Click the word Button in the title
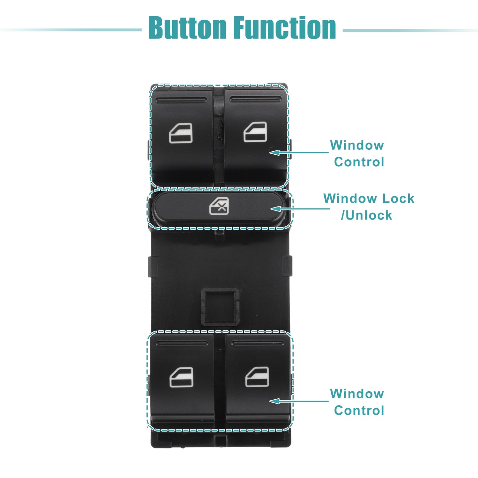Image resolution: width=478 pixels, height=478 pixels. point(188,28)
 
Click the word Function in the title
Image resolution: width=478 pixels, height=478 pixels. point(285,28)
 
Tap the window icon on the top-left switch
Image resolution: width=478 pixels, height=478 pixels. point(181,133)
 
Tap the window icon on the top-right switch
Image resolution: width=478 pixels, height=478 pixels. point(255,132)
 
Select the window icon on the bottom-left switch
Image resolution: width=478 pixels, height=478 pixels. point(181,377)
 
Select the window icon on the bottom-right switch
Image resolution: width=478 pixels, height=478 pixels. point(257,376)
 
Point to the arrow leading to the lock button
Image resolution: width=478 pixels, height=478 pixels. point(300,209)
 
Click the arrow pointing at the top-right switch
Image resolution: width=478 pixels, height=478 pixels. point(299,153)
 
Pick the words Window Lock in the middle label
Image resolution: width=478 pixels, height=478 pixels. point(369,199)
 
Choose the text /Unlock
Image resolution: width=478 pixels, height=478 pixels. point(366,215)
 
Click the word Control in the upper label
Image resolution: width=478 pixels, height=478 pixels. point(359,162)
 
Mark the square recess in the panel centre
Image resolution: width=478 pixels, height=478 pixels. point(220,307)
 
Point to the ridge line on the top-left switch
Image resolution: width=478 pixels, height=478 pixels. point(181,100)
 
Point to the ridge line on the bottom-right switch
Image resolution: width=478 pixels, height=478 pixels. point(258,344)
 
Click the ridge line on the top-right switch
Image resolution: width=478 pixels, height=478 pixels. point(256,99)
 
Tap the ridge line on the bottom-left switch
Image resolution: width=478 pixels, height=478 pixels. point(182,344)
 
